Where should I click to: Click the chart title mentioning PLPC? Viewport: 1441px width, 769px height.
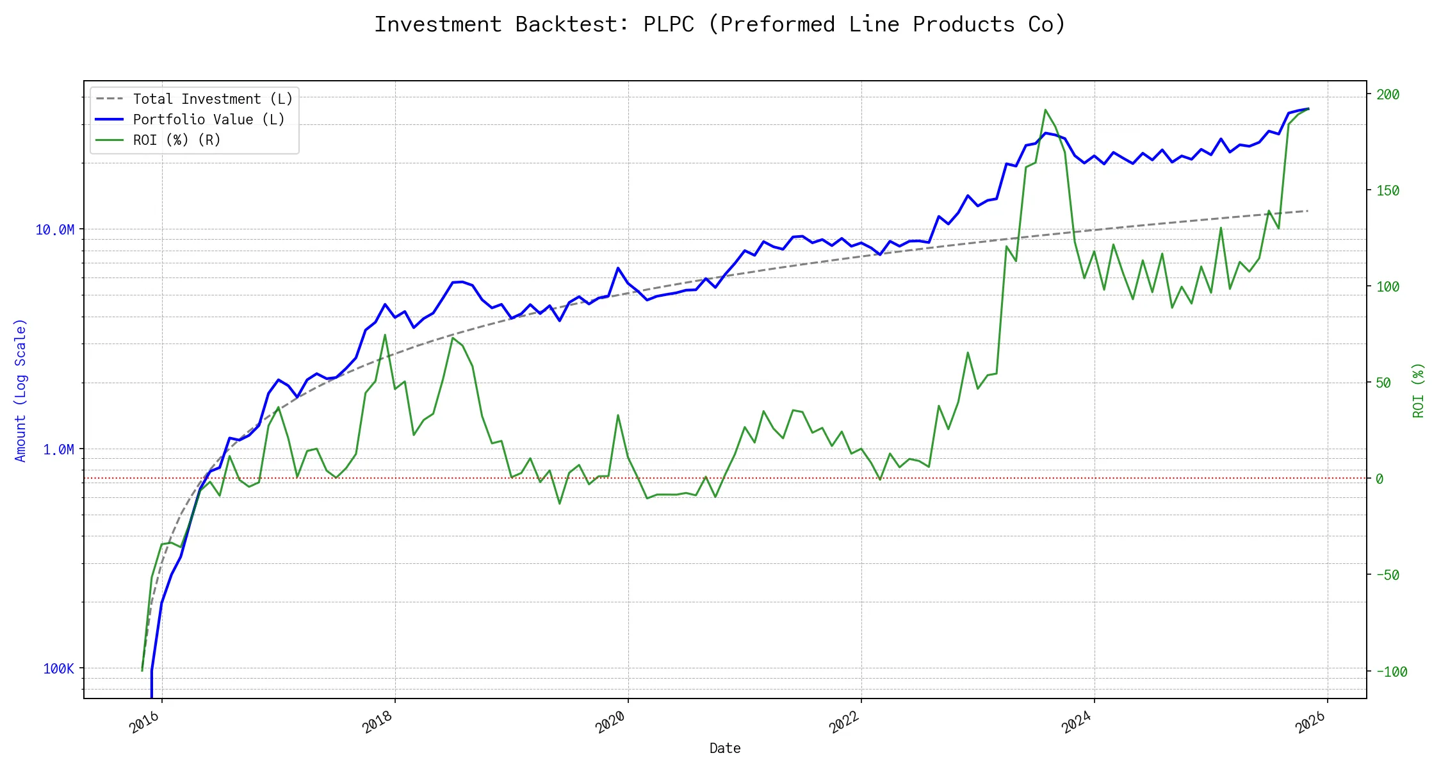(x=720, y=24)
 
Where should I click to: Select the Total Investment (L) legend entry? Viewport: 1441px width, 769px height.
(x=212, y=99)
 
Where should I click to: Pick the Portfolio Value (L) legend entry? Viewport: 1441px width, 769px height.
(x=208, y=119)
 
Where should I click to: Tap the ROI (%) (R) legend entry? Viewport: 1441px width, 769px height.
(x=176, y=140)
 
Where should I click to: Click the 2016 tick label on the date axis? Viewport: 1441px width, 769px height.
(x=145, y=722)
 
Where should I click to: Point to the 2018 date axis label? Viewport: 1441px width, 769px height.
(x=378, y=722)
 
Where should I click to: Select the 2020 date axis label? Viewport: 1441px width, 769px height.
(x=611, y=722)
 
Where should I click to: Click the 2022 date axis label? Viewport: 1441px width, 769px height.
(x=844, y=722)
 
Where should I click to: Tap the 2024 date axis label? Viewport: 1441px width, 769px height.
(x=1077, y=722)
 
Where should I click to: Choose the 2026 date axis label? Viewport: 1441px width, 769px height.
(x=1310, y=722)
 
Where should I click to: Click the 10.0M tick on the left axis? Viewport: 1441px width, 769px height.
(x=54, y=229)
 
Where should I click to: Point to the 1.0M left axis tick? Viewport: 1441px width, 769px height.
(x=58, y=449)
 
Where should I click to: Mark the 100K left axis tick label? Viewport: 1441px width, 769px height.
(x=58, y=668)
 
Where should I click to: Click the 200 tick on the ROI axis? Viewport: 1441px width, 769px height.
(x=1388, y=94)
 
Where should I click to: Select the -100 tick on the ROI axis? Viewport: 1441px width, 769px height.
(x=1392, y=672)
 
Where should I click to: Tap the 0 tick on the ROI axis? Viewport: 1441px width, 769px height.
(x=1380, y=479)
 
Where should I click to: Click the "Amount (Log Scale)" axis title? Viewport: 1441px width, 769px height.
(x=20, y=390)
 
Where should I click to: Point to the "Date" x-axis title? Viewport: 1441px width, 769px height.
(x=725, y=748)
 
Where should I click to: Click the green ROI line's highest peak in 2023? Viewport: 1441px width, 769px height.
(x=1045, y=110)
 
